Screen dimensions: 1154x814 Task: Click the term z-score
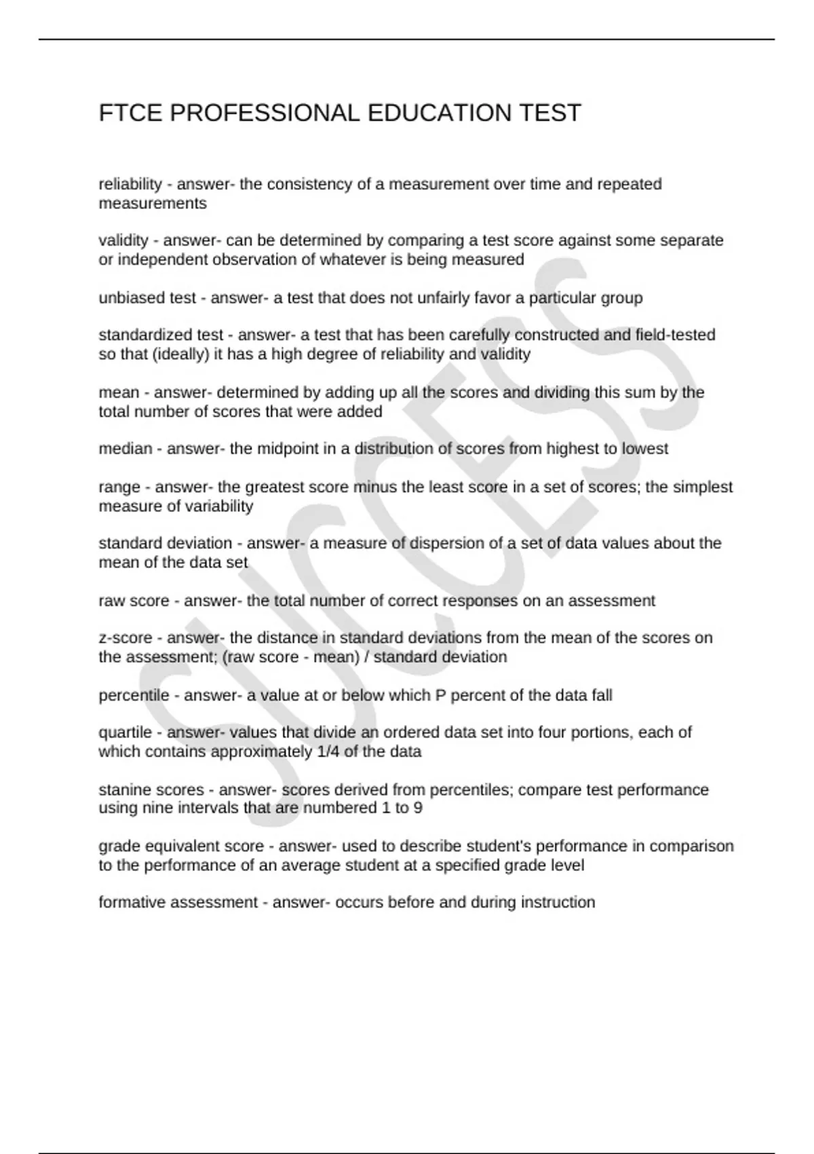coord(125,638)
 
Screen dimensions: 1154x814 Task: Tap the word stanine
coord(125,789)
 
